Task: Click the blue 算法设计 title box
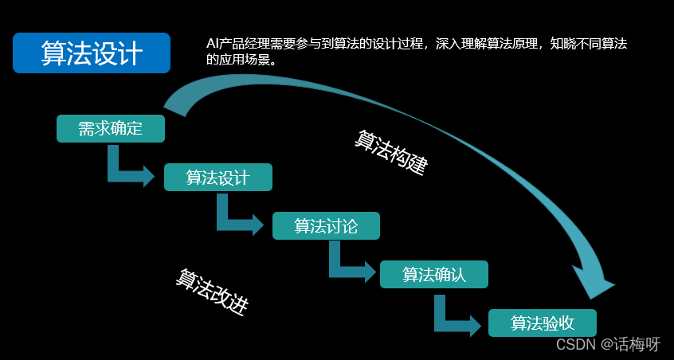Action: (x=92, y=53)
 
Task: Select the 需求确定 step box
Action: (x=111, y=129)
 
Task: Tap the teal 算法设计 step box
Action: (x=218, y=178)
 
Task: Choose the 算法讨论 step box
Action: (x=326, y=226)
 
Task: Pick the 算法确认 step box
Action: (x=434, y=275)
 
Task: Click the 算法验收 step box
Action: (x=543, y=323)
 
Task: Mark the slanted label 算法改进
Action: (x=212, y=292)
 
